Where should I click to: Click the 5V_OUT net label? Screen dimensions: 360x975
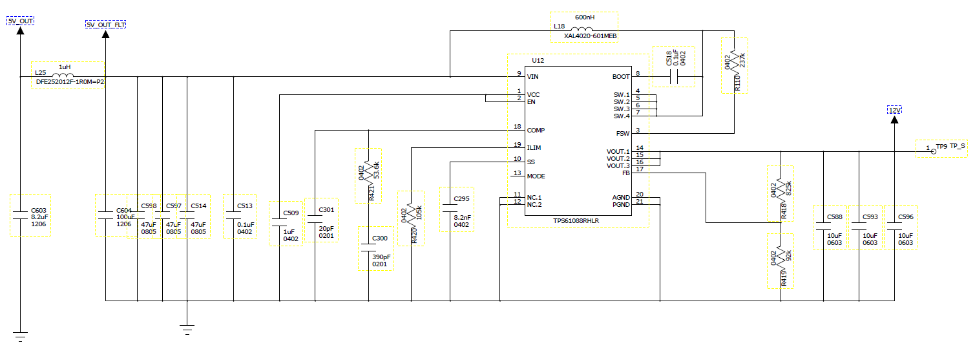point(20,21)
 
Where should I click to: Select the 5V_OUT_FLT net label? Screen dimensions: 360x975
point(106,25)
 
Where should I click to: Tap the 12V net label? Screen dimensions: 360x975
point(894,111)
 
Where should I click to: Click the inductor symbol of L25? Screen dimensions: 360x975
point(65,76)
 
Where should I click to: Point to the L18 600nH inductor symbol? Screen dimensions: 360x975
point(584,30)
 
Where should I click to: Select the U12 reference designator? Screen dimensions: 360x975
point(538,60)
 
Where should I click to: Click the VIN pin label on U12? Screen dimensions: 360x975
point(533,76)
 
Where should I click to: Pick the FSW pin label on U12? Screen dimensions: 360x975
point(623,134)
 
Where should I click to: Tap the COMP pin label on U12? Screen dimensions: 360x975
point(536,130)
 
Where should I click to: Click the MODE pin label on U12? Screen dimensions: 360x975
point(536,176)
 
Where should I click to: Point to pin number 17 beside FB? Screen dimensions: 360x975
point(639,169)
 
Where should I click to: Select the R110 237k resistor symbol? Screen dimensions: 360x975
point(734,62)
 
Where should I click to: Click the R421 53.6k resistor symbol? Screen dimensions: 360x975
point(368,171)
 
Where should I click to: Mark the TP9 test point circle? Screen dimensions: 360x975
point(932,151)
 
